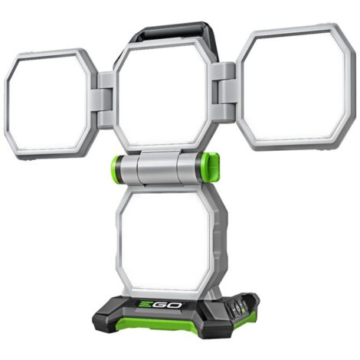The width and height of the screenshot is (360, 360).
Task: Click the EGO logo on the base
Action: click(x=160, y=305)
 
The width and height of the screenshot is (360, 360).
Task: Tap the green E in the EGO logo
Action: click(x=145, y=305)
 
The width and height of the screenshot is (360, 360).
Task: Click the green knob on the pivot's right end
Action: click(x=210, y=168)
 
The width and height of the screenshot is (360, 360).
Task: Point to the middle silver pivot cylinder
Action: click(x=158, y=168)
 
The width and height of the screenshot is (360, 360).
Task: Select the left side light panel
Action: click(x=50, y=103)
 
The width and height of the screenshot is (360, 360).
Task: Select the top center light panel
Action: click(x=163, y=97)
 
